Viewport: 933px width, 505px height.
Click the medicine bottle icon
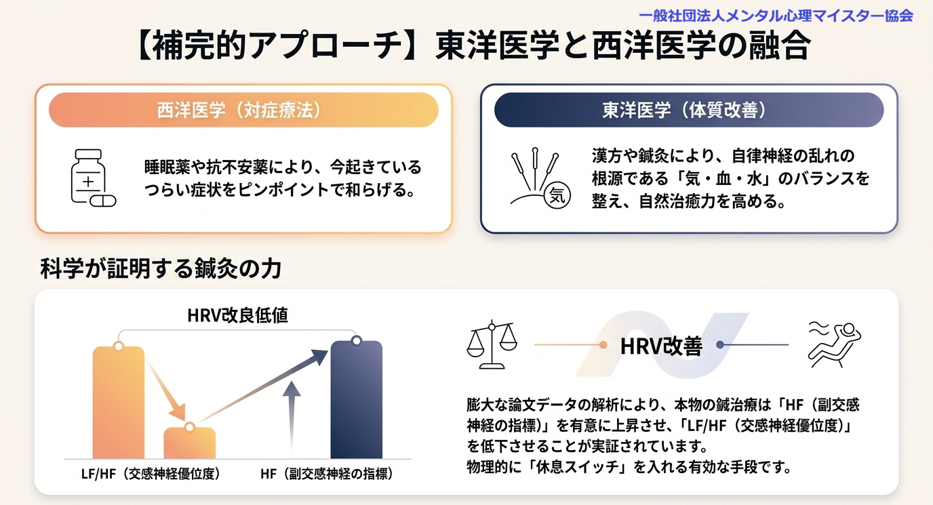pyautogui.click(x=88, y=176)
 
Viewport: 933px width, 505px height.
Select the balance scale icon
pyautogui.click(x=492, y=345)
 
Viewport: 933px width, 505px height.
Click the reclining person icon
pyautogui.click(x=834, y=345)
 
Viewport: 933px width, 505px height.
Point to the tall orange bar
pyautogui.click(x=119, y=402)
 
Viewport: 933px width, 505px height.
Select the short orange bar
pyautogui.click(x=190, y=443)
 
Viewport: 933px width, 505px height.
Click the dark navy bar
pyautogui.click(x=356, y=400)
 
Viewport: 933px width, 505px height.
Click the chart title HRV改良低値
pyautogui.click(x=237, y=316)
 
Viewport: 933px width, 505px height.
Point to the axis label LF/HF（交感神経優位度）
pyautogui.click(x=151, y=474)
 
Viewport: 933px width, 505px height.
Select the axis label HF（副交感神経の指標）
pyautogui.click(x=327, y=474)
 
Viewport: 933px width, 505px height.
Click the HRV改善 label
pyautogui.click(x=661, y=346)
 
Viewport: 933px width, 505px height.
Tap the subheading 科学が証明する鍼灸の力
pyautogui.click(x=161, y=268)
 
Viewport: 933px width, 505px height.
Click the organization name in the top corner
pyautogui.click(x=776, y=16)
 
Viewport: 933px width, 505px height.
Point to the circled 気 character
pyautogui.click(x=557, y=195)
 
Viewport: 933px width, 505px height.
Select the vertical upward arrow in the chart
pyautogui.click(x=292, y=416)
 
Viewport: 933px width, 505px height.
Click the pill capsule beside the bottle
pyautogui.click(x=103, y=201)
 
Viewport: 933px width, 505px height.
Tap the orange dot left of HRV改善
pyautogui.click(x=603, y=345)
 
